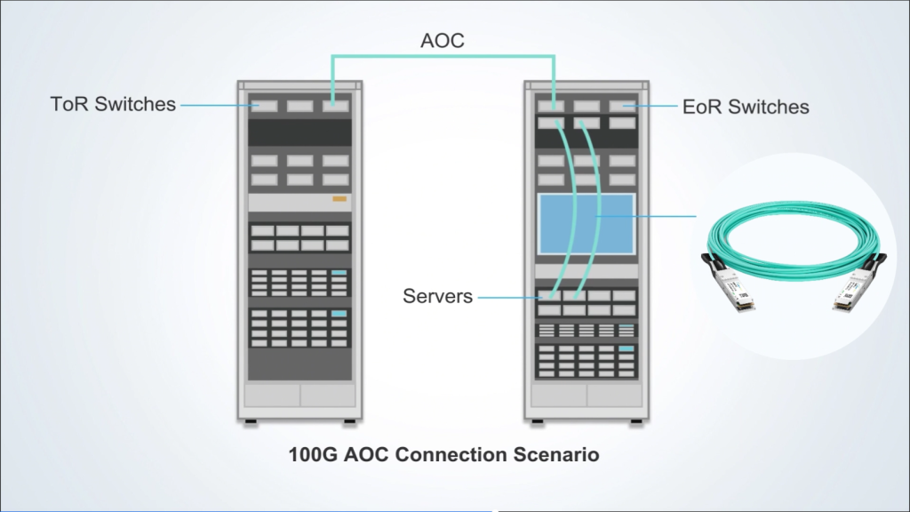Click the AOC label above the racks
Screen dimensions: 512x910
pyautogui.click(x=443, y=41)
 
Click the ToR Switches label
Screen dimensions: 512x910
pyautogui.click(x=113, y=105)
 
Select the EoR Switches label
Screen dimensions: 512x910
pyautogui.click(x=746, y=108)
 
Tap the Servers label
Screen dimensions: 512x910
pyautogui.click(x=437, y=296)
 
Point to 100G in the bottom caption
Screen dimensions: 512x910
pyautogui.click(x=311, y=455)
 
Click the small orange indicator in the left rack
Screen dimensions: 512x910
pyautogui.click(x=339, y=198)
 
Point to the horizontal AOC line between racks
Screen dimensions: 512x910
pyautogui.click(x=443, y=58)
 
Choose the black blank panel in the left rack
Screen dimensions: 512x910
pyautogui.click(x=299, y=133)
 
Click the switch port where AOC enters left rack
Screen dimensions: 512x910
pyautogui.click(x=335, y=106)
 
